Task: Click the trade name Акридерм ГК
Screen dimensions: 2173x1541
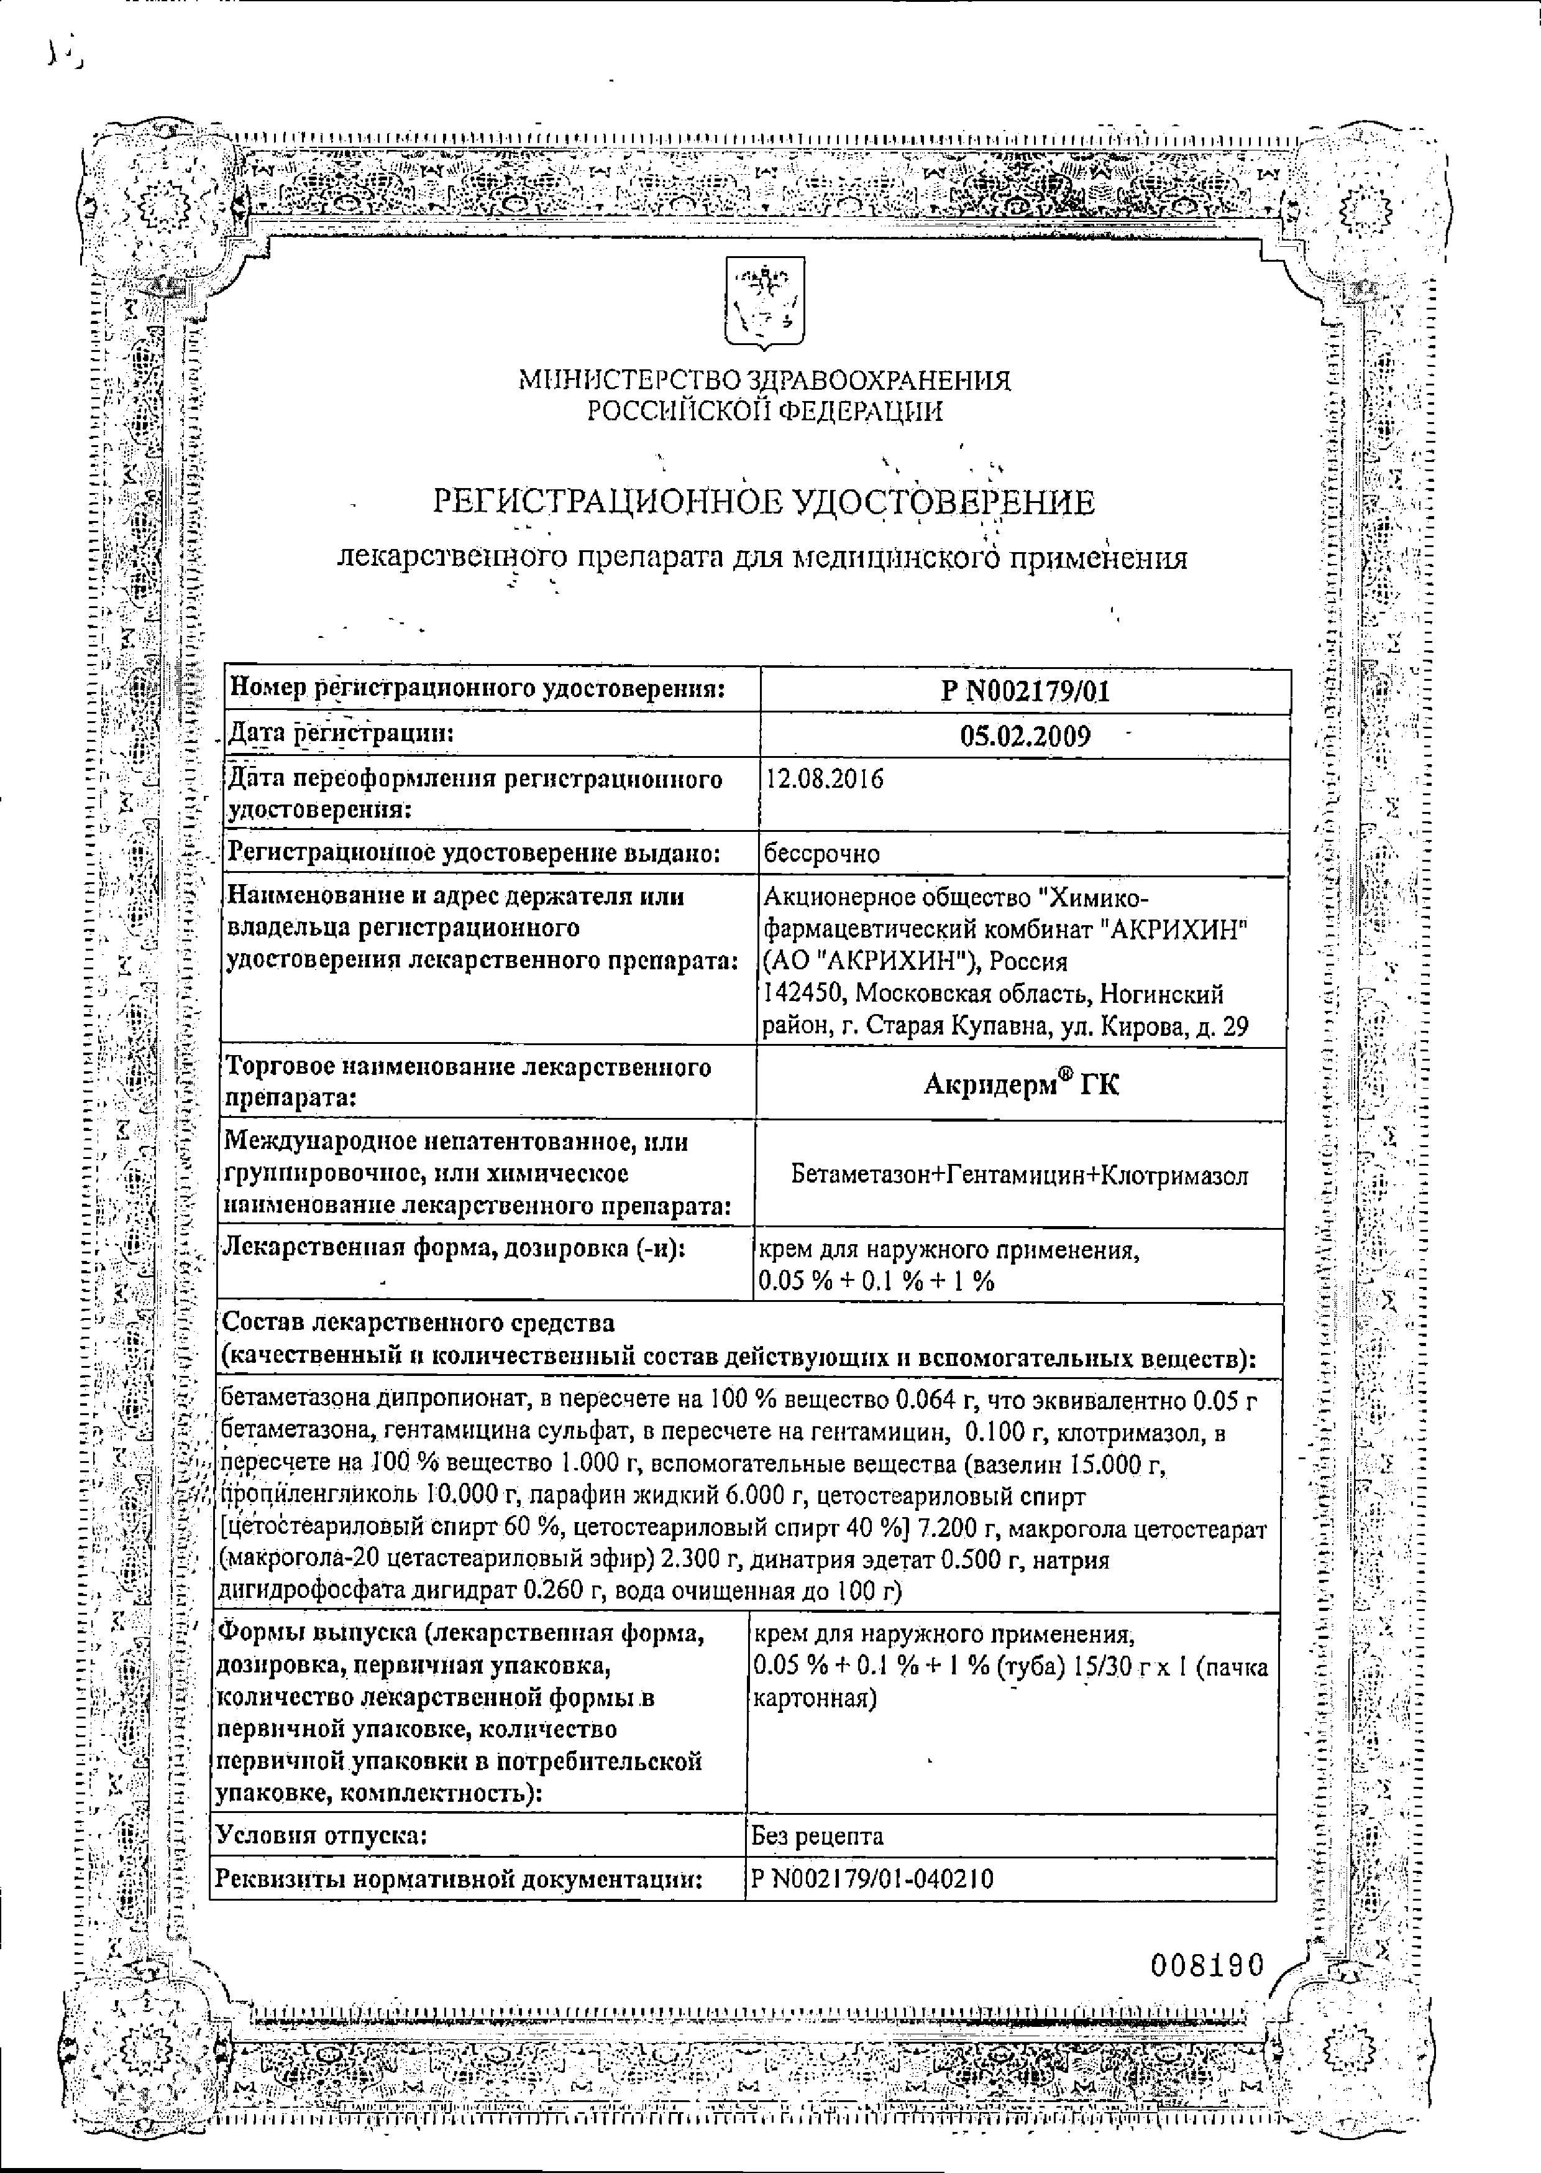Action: click(x=1021, y=1084)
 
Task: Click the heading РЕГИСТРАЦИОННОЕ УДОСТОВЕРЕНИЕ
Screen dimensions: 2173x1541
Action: click(x=764, y=502)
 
